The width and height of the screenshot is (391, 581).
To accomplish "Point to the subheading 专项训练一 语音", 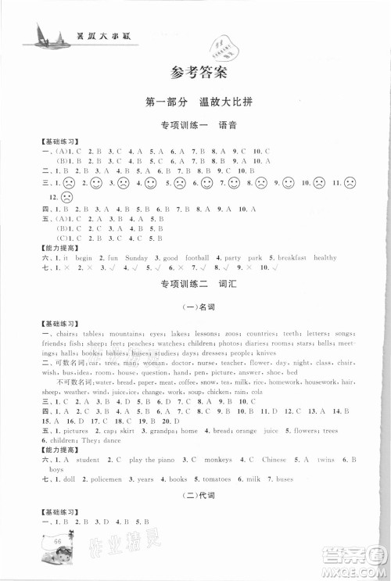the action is [197, 124].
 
